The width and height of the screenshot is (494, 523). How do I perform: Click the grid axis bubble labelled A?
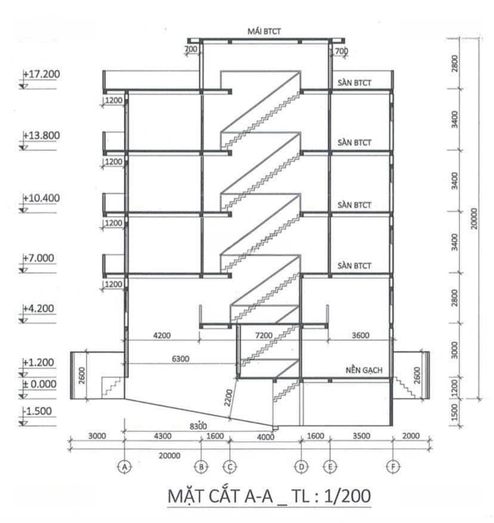pyautogui.click(x=125, y=466)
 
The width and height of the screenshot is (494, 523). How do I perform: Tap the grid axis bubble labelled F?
pyautogui.click(x=393, y=466)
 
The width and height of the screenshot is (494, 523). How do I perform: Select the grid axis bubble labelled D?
pyautogui.click(x=301, y=466)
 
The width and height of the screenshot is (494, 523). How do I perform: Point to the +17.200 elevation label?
pyautogui.click(x=41, y=74)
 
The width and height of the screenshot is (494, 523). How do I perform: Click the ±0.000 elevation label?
pyautogui.click(x=39, y=384)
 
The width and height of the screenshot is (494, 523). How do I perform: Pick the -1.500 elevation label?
pyautogui.click(x=37, y=411)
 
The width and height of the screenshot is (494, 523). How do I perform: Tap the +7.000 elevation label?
pyautogui.click(x=38, y=258)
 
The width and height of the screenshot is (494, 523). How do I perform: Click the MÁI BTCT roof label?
pyautogui.click(x=264, y=32)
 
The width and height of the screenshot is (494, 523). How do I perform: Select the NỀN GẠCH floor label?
pyautogui.click(x=364, y=370)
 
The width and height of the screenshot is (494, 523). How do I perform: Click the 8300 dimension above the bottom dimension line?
pyautogui.click(x=198, y=426)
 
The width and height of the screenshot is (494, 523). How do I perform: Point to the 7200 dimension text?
pyautogui.click(x=264, y=335)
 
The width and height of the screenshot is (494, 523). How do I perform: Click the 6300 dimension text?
pyautogui.click(x=181, y=359)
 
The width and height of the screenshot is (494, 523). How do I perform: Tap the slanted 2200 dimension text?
pyautogui.click(x=229, y=398)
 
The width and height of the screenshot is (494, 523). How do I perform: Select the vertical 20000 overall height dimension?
pyautogui.click(x=474, y=218)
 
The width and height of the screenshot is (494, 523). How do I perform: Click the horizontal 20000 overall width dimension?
pyautogui.click(x=169, y=456)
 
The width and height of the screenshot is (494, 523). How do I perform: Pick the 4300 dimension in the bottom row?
pyautogui.click(x=162, y=436)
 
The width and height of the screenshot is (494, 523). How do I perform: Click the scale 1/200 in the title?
pyautogui.click(x=347, y=496)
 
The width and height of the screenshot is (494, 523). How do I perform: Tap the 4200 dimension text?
pyautogui.click(x=162, y=335)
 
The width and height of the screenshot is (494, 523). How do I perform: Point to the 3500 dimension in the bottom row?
pyautogui.click(x=362, y=436)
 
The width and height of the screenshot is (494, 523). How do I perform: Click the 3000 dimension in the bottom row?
pyautogui.click(x=97, y=436)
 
